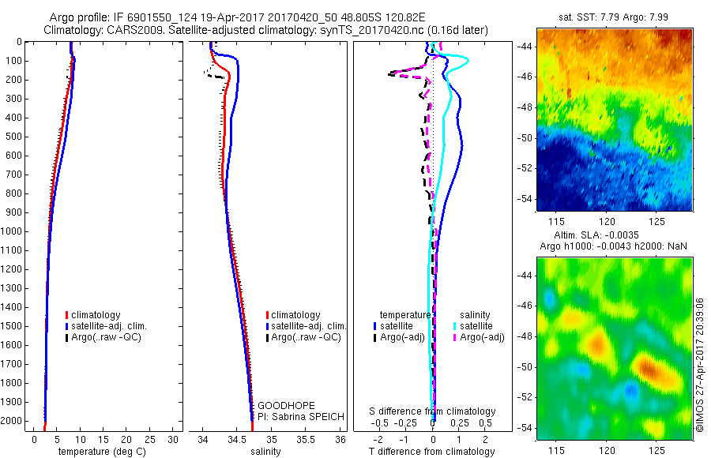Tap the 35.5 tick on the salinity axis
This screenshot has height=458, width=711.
pos(306,439)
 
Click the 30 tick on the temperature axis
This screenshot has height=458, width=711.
pos(174,439)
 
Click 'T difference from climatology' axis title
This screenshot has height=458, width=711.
pos(431,452)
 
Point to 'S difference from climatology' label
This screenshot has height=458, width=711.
pos(432,411)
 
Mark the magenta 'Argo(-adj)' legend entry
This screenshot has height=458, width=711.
pos(483,337)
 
